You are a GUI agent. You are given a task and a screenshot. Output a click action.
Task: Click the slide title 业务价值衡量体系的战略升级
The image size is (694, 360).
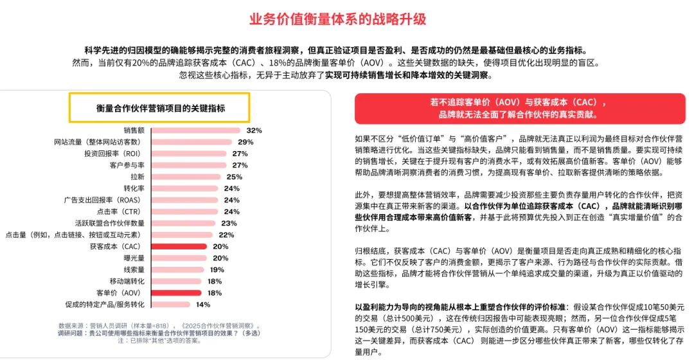pyautogui.click(x=338, y=19)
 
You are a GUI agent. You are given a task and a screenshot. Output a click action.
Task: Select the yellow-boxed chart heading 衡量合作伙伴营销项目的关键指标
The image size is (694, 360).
pyautogui.click(x=159, y=107)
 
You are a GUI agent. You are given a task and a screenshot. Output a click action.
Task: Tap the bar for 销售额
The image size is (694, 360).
pyautogui.click(x=195, y=130)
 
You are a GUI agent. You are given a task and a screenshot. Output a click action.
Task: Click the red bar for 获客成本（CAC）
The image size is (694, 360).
pyautogui.click(x=179, y=246)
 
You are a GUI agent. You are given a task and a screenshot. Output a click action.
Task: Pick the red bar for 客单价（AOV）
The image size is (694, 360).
pyautogui.click(x=176, y=292)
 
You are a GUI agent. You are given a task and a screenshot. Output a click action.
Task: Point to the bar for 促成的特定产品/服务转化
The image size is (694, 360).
pyautogui.click(x=171, y=304)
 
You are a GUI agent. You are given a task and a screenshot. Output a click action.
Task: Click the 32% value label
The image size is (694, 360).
pyautogui.click(x=254, y=130)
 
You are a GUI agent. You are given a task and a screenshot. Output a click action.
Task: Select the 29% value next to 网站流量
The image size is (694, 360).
pyautogui.click(x=245, y=142)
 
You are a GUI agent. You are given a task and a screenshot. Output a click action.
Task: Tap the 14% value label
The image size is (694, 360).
pyautogui.click(x=203, y=304)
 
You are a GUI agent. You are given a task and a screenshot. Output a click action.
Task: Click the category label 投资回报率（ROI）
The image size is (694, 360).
pyautogui.click(x=113, y=154)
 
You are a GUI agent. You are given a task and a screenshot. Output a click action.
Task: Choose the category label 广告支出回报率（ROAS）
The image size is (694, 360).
pyautogui.click(x=103, y=200)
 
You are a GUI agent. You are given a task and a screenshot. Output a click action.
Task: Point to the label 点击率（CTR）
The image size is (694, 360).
pyautogui.click(x=119, y=212)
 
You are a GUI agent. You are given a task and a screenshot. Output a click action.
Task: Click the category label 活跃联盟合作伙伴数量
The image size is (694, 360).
pyautogui.click(x=110, y=223)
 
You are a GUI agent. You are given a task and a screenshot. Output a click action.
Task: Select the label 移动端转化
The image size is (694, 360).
pyautogui.click(x=127, y=281)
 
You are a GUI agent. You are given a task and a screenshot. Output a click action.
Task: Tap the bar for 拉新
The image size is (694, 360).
pyautogui.click(x=186, y=177)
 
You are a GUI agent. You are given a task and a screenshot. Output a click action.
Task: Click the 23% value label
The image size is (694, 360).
pyautogui.click(x=229, y=223)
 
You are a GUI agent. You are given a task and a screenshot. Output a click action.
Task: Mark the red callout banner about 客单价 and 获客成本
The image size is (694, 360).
pyautogui.click(x=520, y=109)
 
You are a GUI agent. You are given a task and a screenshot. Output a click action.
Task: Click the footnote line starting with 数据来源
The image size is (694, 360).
pyautogui.click(x=159, y=326)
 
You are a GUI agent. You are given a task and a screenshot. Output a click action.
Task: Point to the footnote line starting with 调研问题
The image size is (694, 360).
pyautogui.click(x=159, y=333)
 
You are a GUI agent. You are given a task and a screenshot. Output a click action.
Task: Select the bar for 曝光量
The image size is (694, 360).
pyautogui.click(x=179, y=258)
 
